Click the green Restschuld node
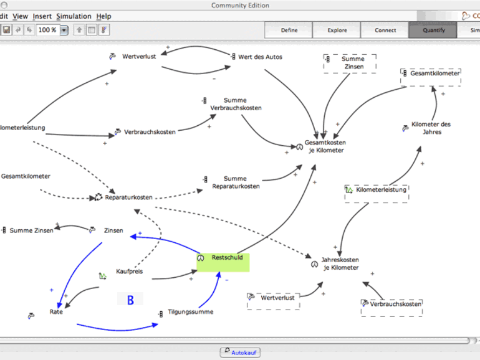(223, 262)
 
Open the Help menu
(104, 16)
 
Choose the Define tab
(289, 30)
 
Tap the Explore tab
(337, 30)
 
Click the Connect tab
(385, 30)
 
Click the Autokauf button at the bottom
(239, 353)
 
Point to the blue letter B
(130, 300)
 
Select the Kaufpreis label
(129, 272)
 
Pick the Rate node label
(56, 312)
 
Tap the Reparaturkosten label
(128, 197)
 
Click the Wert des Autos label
(260, 57)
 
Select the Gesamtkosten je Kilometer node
(324, 146)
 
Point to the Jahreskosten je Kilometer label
(340, 264)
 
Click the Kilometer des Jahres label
(435, 128)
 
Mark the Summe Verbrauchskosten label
(236, 104)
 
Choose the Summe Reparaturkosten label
(236, 182)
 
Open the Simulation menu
(73, 16)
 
